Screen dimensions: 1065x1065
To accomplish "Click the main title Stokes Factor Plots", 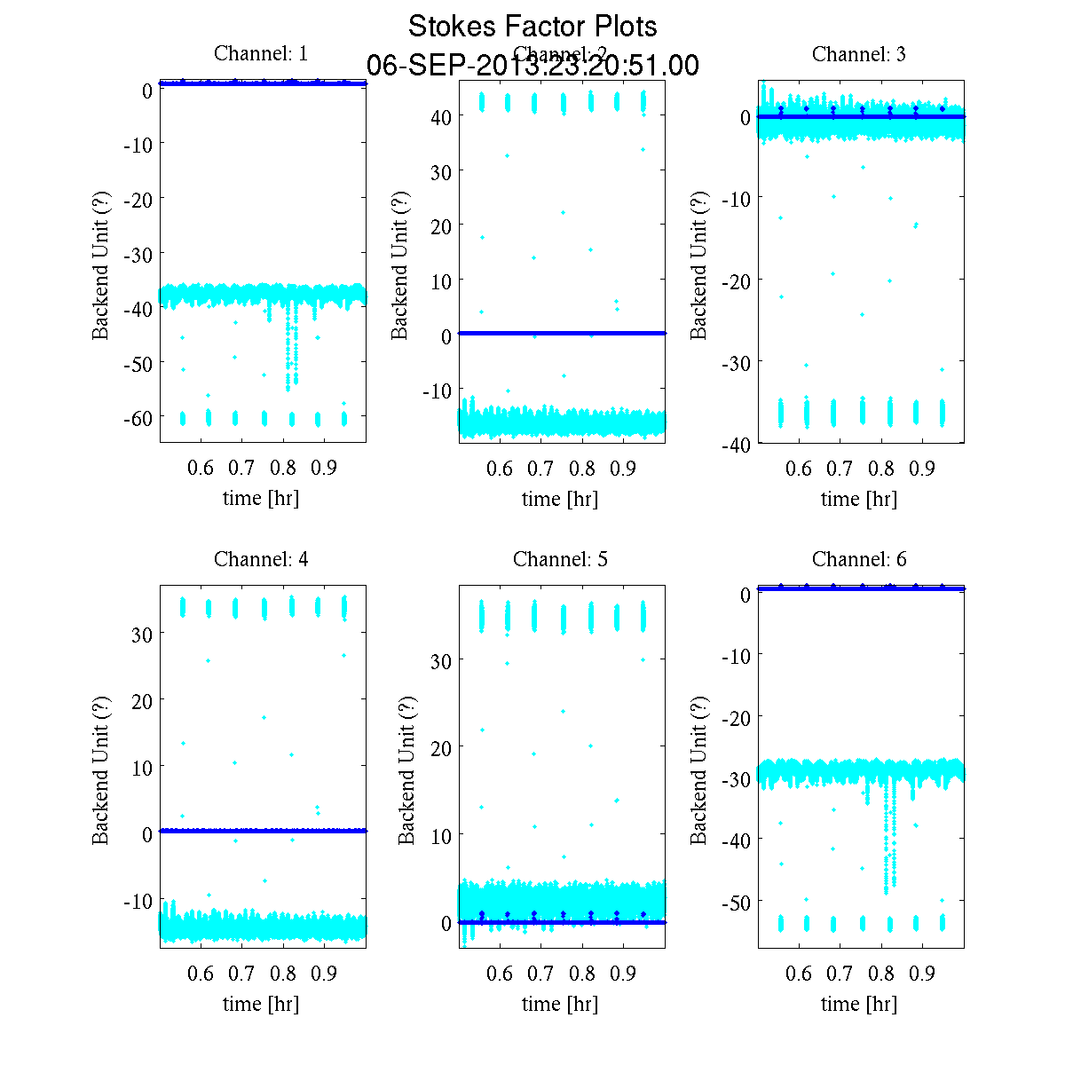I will click(x=532, y=27).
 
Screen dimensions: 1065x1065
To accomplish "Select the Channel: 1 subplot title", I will click(x=261, y=54).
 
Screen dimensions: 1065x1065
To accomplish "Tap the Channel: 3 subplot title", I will click(x=859, y=54).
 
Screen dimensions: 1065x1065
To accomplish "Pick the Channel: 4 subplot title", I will click(x=261, y=559).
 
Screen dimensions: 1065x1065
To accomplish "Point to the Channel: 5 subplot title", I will click(x=560, y=559).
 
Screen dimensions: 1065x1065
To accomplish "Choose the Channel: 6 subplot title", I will click(x=859, y=559).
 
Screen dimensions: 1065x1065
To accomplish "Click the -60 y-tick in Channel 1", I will click(x=137, y=418).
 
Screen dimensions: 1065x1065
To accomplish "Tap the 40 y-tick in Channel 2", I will click(x=441, y=116).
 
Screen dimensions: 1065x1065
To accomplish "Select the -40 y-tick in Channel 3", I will click(x=736, y=445).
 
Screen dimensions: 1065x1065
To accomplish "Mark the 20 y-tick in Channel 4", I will click(x=142, y=700).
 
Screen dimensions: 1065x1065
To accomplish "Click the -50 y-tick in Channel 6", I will click(x=736, y=903).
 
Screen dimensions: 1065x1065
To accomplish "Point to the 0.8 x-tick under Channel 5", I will click(x=582, y=974).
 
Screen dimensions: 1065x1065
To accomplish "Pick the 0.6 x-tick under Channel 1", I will click(x=201, y=468).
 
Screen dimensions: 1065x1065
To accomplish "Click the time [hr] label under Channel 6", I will click(x=859, y=1004).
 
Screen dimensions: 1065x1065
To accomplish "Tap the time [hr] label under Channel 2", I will click(x=560, y=499).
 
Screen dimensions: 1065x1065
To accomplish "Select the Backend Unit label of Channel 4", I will click(x=100, y=769).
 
